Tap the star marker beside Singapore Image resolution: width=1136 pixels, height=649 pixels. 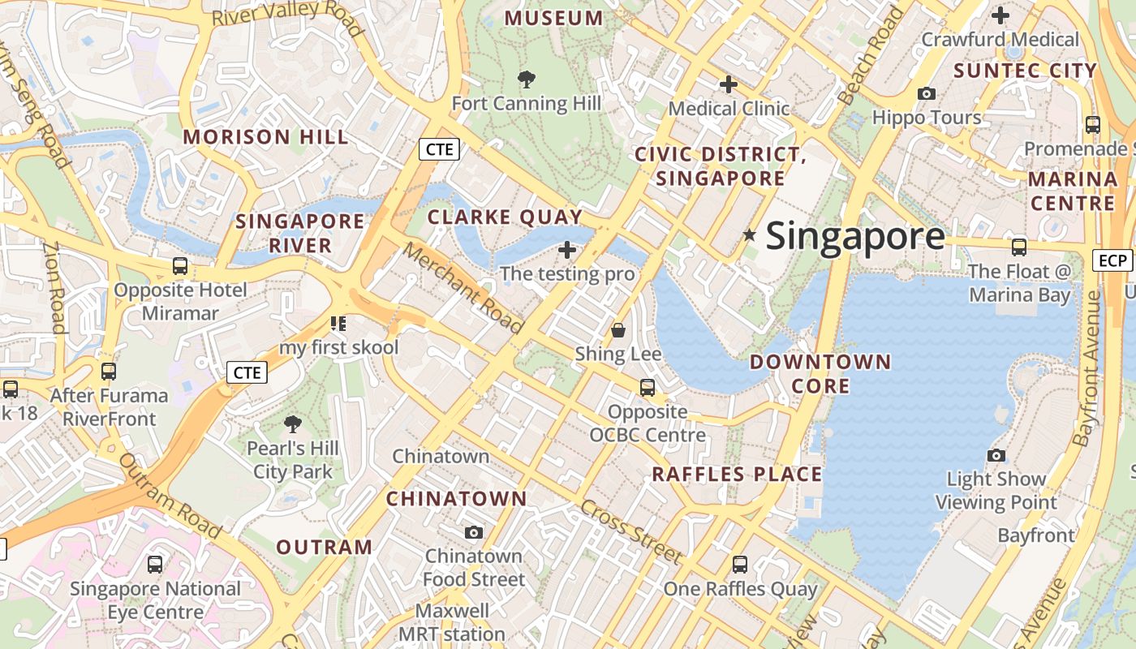750,235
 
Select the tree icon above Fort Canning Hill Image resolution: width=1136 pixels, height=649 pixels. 527,79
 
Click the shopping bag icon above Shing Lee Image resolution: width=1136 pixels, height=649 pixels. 618,330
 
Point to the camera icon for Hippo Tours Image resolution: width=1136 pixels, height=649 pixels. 926,93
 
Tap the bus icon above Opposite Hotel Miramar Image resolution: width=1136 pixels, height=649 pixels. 179,265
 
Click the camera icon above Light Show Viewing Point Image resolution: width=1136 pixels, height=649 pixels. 996,455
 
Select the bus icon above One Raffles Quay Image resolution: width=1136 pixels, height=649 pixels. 739,564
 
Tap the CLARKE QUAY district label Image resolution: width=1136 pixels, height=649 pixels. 505,217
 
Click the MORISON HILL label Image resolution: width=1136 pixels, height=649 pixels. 265,136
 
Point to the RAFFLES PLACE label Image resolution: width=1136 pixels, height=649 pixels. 737,474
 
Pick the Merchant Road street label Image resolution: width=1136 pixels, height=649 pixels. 463,288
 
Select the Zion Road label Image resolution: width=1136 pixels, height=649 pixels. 54,289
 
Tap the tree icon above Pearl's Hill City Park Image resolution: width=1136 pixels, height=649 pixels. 292,423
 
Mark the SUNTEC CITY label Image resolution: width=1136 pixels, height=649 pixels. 1025,71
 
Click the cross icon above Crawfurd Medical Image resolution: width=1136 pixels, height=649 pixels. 1000,15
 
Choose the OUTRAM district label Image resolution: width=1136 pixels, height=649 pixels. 324,547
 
